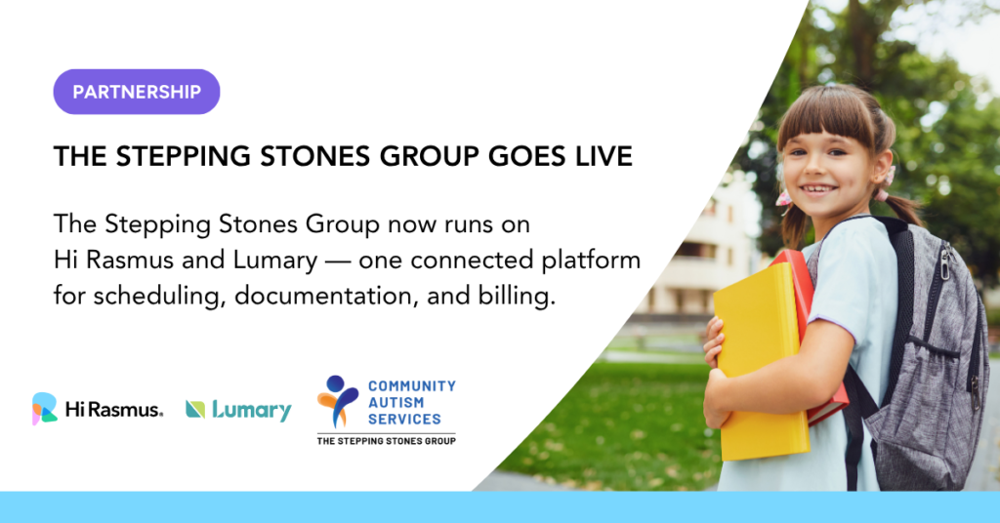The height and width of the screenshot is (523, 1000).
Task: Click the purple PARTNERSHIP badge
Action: click(x=137, y=92)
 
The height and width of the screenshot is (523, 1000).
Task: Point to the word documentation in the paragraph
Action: click(x=327, y=296)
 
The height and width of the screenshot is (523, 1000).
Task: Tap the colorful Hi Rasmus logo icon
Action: click(x=45, y=408)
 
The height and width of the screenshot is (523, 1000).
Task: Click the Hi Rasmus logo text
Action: click(x=114, y=409)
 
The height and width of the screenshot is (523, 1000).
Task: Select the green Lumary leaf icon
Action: click(x=195, y=410)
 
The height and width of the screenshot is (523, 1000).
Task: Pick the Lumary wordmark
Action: click(x=252, y=410)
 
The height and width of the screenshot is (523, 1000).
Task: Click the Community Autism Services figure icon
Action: click(x=338, y=401)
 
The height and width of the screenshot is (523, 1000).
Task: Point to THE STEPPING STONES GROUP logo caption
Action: click(x=387, y=441)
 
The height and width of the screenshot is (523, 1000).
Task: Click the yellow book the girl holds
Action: click(x=759, y=360)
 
